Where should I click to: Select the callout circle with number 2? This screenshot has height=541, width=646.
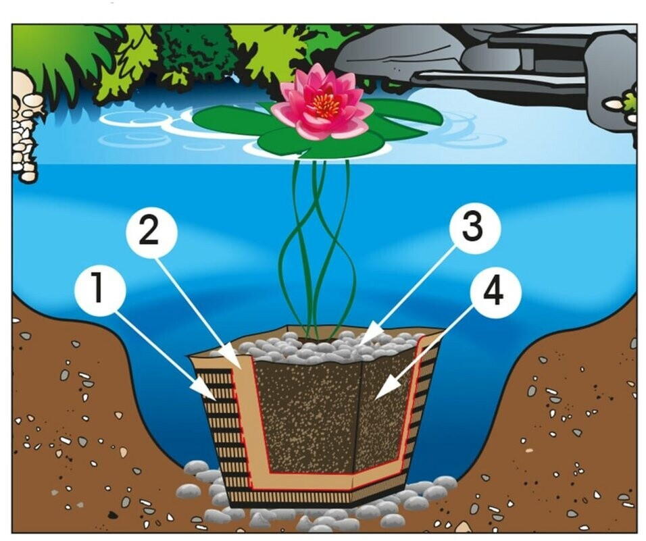(151, 232)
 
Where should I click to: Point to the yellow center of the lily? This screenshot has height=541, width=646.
(324, 106)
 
